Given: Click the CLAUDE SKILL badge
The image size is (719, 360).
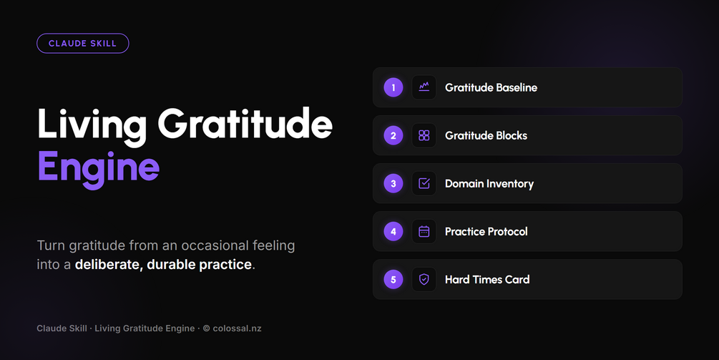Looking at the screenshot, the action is [x=82, y=44].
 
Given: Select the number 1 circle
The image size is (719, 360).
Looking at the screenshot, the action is [x=393, y=87].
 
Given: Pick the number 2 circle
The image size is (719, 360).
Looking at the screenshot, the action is [x=393, y=135].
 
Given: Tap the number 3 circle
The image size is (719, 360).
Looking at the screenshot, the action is [x=393, y=183].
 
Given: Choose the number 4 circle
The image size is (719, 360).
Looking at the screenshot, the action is [x=393, y=232].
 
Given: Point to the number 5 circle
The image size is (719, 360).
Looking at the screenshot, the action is [x=393, y=279].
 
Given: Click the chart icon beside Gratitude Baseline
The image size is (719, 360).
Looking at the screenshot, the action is [x=424, y=87].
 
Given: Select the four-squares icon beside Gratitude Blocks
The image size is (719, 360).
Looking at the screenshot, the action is [x=424, y=135].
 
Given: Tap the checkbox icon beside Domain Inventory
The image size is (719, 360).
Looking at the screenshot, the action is [x=424, y=183].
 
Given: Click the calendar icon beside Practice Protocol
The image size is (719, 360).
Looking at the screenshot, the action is [x=424, y=232].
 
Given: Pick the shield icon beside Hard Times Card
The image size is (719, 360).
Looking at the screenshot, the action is [x=424, y=279].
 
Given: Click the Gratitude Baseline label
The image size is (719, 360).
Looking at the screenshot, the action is [x=491, y=87].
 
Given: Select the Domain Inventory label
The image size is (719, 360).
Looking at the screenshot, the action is [x=489, y=184].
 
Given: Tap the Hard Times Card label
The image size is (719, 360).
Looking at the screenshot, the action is [x=487, y=279].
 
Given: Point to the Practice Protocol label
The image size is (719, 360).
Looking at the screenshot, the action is [x=486, y=232].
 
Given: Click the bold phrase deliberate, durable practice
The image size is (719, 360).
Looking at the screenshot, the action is [x=163, y=265].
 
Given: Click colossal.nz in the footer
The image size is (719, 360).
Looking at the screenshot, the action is [x=237, y=329].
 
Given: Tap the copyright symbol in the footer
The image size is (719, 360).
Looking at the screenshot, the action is [x=206, y=329].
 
